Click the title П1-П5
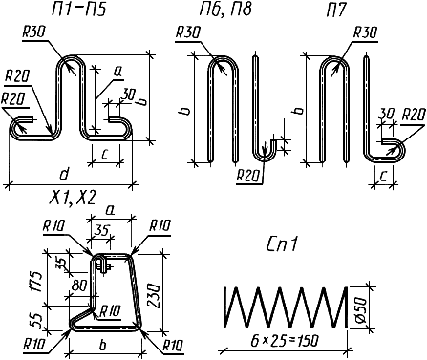point(78,10)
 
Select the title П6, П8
point(225,10)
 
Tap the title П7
point(335,10)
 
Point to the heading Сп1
point(283,244)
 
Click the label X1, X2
point(73,198)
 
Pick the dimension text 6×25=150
point(285,341)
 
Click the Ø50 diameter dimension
point(363,308)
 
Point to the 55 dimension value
point(37,321)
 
